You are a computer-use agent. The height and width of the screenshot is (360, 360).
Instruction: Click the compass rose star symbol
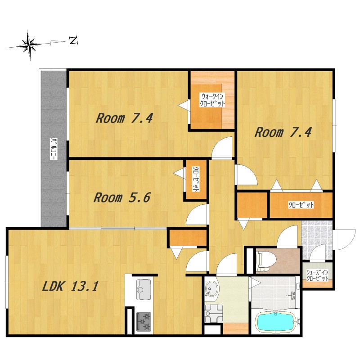[x=30, y=45]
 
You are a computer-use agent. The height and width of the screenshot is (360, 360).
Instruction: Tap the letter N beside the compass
[x=73, y=41]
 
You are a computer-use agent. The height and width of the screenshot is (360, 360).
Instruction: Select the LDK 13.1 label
[x=71, y=286]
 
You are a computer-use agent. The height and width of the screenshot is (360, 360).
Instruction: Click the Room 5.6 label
[x=122, y=198]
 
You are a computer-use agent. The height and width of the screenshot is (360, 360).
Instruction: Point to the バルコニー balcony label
[x=54, y=149]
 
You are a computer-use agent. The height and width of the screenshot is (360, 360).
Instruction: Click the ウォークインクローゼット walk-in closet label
[x=212, y=99]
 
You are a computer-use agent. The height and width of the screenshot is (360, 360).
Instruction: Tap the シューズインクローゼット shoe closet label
[x=317, y=275]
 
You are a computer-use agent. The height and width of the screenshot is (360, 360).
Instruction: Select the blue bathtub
[x=275, y=322]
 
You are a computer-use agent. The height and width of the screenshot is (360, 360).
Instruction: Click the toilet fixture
[x=267, y=261]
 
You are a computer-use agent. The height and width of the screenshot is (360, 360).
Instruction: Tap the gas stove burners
[x=144, y=322]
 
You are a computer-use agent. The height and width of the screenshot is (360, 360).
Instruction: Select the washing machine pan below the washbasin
[x=214, y=313]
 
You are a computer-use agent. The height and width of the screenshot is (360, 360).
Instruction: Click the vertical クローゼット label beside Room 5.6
[x=196, y=179]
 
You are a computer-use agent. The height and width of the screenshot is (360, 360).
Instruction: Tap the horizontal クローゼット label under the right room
[x=301, y=205]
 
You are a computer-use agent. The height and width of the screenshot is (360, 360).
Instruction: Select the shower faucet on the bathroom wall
[x=292, y=295]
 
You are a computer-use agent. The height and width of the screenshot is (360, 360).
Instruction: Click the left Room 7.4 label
[x=124, y=118]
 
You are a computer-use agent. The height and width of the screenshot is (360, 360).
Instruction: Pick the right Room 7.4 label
[x=283, y=132]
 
